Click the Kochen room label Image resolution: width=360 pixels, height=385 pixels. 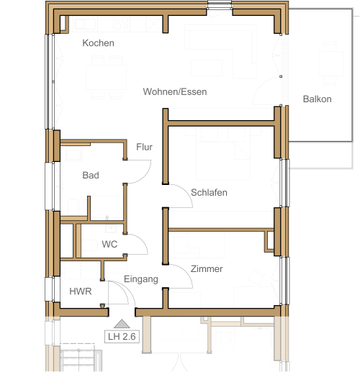(99, 43)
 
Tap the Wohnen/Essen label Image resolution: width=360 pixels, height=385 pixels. (175, 91)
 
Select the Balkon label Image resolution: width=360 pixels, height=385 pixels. (318, 99)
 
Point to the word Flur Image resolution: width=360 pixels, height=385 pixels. (144, 147)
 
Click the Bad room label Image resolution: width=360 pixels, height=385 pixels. (91, 175)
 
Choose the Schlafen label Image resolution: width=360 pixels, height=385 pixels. (209, 192)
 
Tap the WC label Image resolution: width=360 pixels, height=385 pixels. (109, 244)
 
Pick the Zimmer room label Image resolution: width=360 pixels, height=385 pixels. (207, 268)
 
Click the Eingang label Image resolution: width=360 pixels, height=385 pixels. (141, 279)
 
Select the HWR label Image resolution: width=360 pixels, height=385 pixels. (81, 291)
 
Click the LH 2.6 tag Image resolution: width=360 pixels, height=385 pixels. (122, 336)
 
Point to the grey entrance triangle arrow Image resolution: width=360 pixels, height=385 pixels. (122, 324)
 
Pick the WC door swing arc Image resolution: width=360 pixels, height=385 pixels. (142, 240)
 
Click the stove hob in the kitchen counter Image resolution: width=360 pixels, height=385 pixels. (122, 24)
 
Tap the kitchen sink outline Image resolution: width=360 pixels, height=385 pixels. (85, 24)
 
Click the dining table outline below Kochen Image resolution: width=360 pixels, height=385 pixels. (106, 77)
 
